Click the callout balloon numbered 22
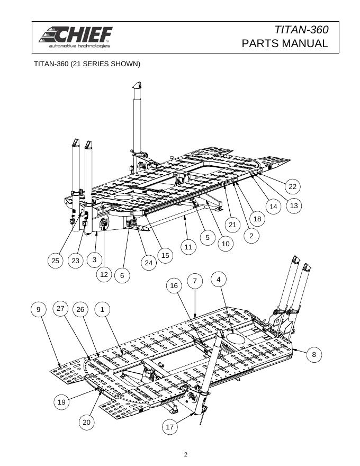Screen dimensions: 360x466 (293, 186)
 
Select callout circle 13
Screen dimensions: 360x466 (294, 205)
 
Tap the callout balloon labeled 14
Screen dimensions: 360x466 (273, 207)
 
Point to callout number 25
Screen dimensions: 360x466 (55, 261)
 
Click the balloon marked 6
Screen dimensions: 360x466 (122, 275)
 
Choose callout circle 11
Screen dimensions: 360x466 (188, 247)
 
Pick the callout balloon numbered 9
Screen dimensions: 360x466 (38, 309)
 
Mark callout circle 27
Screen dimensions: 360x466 (60, 308)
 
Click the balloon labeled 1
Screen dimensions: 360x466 (102, 309)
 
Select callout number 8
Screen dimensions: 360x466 (314, 354)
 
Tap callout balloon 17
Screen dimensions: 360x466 (169, 427)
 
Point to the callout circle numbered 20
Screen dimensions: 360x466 (86, 422)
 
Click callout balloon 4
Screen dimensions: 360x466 (219, 280)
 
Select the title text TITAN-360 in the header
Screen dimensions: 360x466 (301, 30)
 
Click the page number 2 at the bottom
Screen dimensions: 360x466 (186, 454)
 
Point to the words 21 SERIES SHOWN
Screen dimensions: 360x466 (106, 64)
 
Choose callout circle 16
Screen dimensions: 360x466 (174, 285)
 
